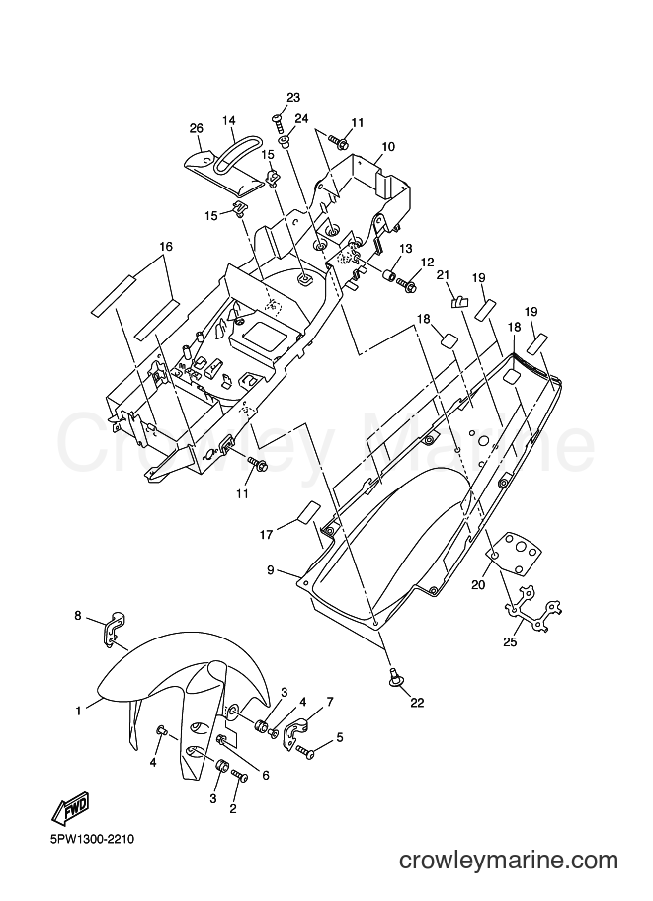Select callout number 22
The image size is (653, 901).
[x=417, y=702]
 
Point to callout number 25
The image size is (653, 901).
[x=511, y=641]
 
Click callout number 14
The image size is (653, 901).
[x=229, y=120]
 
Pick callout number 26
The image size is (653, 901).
[x=197, y=128]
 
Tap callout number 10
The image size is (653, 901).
[x=388, y=147]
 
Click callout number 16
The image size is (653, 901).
[x=166, y=247]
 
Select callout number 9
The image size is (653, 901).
[x=270, y=570]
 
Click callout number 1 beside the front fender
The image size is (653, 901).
[x=78, y=711]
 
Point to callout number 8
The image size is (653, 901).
[x=78, y=616]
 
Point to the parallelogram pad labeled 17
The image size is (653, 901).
[x=308, y=512]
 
